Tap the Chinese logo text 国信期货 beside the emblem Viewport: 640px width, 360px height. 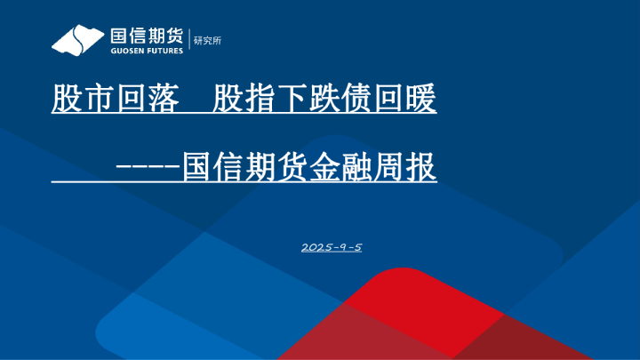147,36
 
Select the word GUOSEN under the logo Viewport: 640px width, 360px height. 125,52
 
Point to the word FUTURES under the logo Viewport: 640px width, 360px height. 165,52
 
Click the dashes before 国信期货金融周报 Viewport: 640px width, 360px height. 148,166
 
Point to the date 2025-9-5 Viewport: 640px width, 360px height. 332,246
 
